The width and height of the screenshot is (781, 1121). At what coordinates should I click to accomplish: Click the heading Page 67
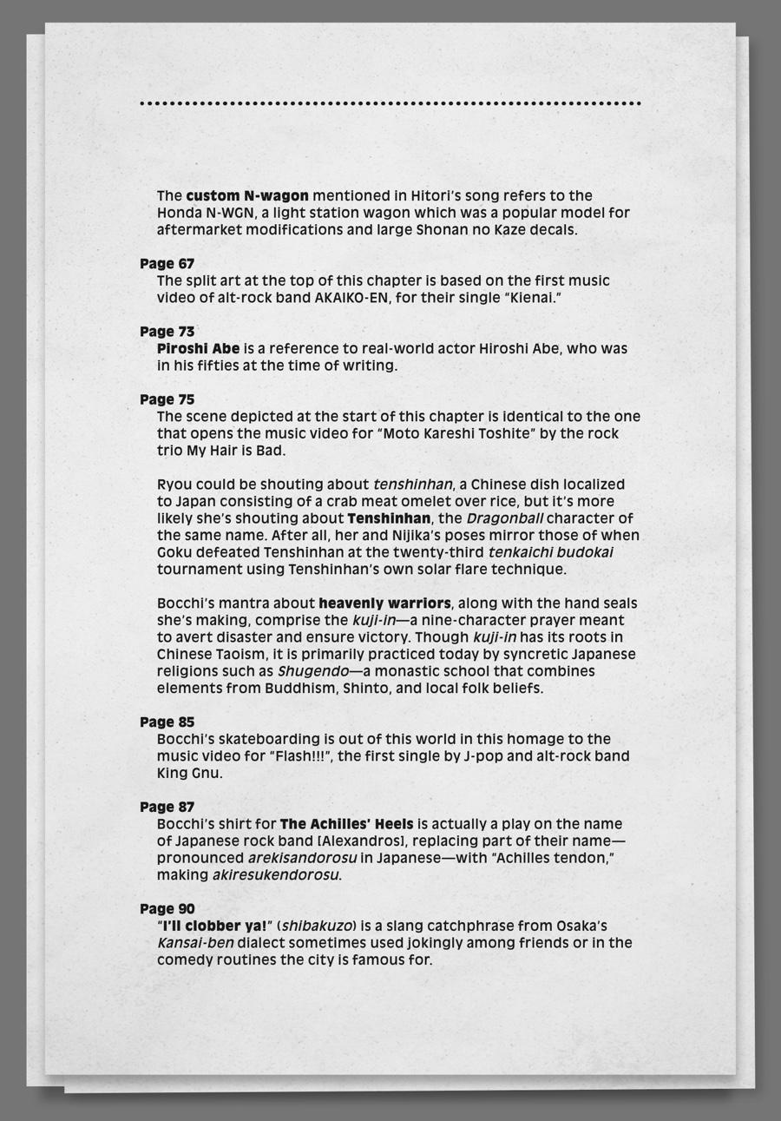tap(167, 263)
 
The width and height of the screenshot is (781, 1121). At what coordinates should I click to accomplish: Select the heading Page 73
tap(167, 331)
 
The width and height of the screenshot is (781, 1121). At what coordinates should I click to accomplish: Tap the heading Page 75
tap(167, 399)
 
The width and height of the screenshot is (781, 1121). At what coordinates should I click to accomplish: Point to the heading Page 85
tap(167, 722)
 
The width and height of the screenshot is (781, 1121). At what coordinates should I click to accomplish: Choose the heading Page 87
tap(167, 807)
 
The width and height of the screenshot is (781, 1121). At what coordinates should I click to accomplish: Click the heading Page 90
tap(167, 908)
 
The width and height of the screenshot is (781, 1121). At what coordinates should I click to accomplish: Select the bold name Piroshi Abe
tap(198, 348)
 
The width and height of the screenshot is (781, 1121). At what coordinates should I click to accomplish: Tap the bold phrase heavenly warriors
tap(384, 603)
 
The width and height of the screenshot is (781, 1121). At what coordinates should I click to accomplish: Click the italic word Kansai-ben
tap(195, 943)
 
